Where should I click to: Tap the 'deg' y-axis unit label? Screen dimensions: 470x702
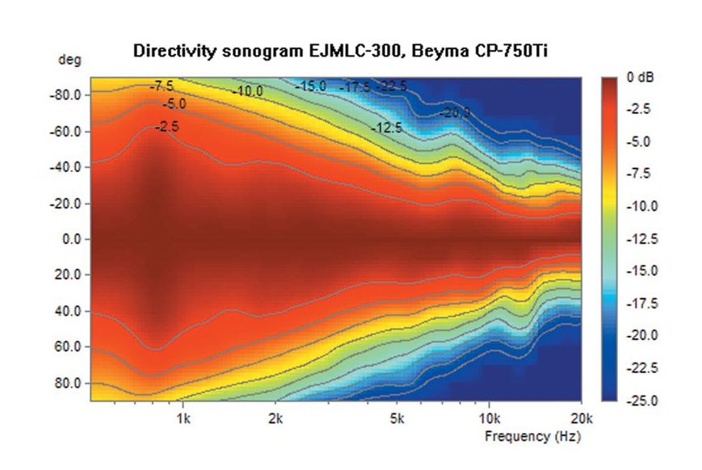tap(66, 60)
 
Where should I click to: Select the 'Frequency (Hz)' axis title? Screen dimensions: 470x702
tap(532, 437)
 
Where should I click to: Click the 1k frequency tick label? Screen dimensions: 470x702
tap(183, 419)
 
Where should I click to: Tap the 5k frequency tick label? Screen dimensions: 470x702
tap(396, 419)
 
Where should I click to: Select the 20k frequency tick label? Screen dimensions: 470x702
tap(580, 419)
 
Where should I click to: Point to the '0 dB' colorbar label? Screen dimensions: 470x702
tap(640, 78)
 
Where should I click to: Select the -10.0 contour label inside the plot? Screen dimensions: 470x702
tap(247, 92)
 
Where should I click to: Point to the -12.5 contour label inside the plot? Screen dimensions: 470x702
tap(388, 128)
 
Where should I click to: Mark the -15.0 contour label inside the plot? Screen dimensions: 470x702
tap(310, 86)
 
